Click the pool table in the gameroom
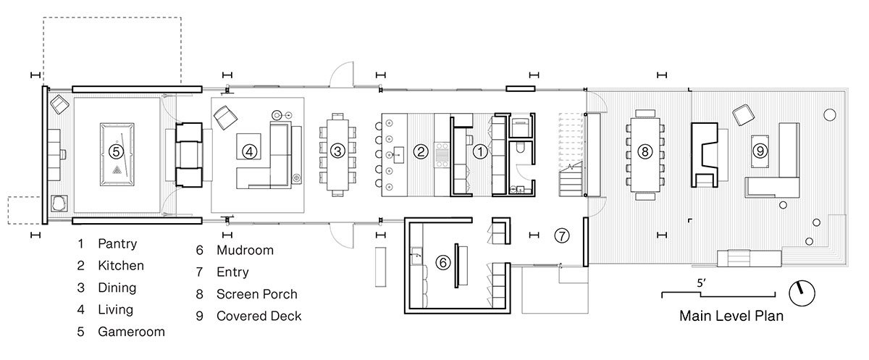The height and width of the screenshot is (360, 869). tap(117, 154)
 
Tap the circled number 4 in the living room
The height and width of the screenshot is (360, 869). tap(249, 151)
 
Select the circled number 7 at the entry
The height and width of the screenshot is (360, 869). tap(562, 235)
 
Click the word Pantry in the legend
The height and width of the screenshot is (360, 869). tap(117, 243)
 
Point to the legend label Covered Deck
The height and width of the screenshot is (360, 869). tap(259, 316)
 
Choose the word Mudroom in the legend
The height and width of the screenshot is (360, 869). tap(245, 250)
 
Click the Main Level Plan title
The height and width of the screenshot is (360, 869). tap(731, 316)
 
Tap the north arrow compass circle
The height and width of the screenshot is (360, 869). tap(802, 293)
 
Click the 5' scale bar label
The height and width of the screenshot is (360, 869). tap(701, 283)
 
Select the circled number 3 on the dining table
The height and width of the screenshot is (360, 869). tap(337, 151)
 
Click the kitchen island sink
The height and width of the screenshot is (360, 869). tap(398, 154)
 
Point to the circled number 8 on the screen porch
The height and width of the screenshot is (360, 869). tap(645, 151)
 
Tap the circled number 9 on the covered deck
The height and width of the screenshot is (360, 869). tap(760, 151)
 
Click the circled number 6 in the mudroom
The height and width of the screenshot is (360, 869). tap(442, 263)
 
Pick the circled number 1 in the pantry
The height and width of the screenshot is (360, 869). tap(480, 151)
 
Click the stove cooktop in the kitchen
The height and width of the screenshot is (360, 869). tap(442, 155)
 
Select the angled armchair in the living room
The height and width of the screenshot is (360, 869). tap(225, 117)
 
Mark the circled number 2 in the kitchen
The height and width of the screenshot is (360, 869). tap(421, 151)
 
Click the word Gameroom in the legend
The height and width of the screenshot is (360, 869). tap(132, 332)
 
